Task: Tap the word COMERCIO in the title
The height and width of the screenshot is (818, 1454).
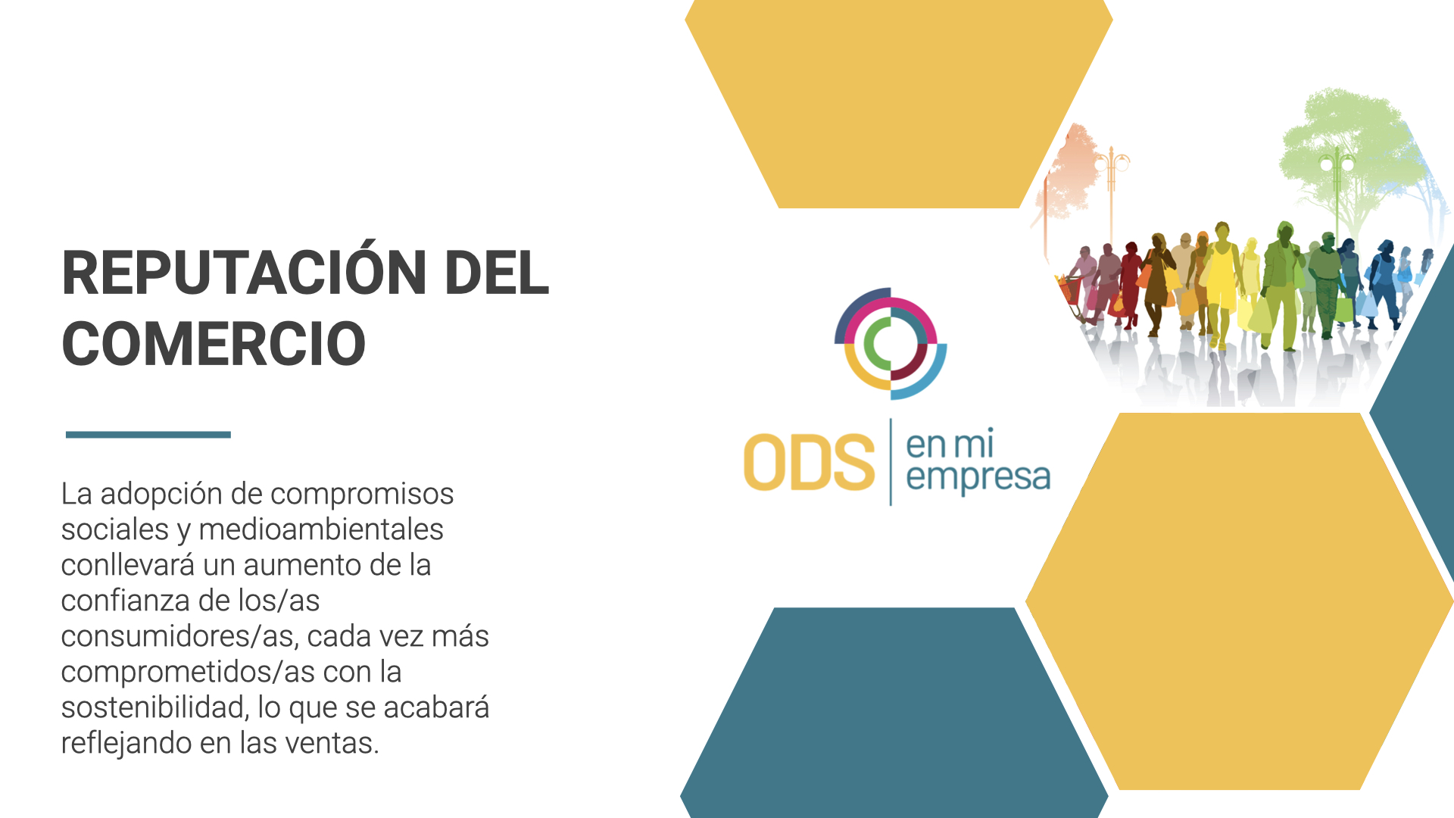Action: [x=214, y=345]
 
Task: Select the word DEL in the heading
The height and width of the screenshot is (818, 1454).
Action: [x=497, y=273]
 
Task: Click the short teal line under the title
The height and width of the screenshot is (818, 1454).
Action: [x=148, y=435]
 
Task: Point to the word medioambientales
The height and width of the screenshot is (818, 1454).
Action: [x=321, y=529]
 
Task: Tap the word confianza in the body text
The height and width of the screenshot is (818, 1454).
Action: [x=125, y=601]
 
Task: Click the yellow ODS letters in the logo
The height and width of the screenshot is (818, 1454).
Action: [x=809, y=462]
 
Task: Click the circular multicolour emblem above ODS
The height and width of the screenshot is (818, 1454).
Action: [x=891, y=344]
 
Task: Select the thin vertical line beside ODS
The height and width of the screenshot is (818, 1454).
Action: [x=891, y=462]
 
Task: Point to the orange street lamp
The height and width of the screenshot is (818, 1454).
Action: [x=1112, y=193]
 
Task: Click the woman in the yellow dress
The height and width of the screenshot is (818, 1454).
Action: [x=1220, y=285]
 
